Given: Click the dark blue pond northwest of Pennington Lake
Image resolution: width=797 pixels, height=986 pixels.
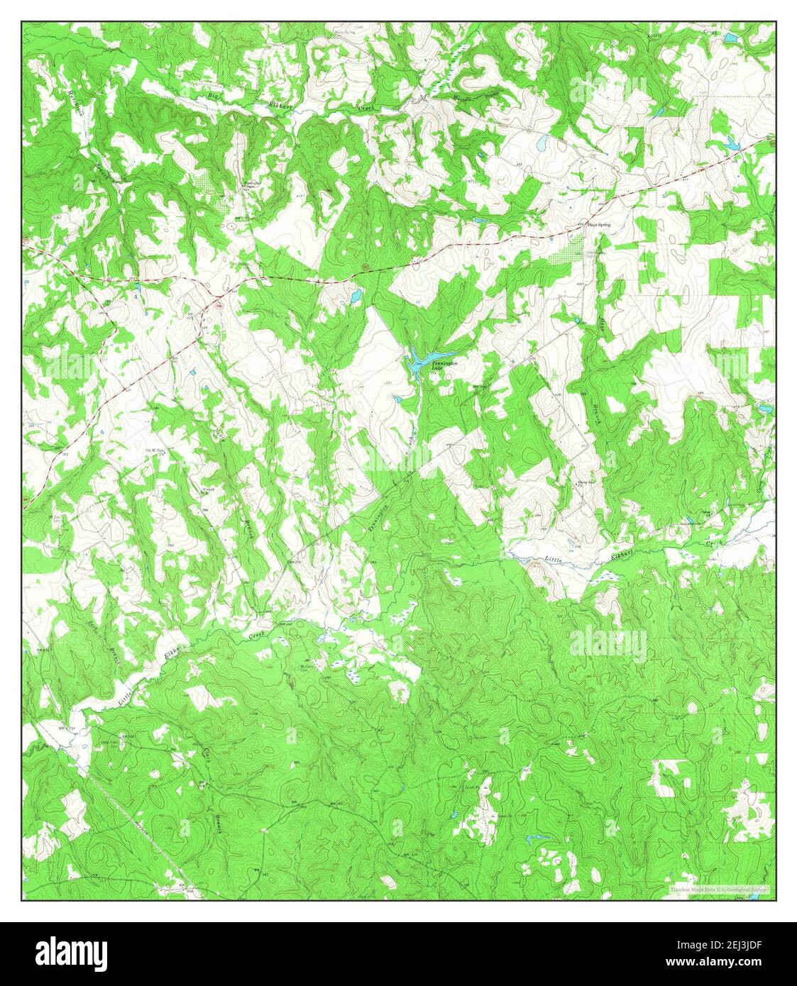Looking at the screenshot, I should click(355, 294).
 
